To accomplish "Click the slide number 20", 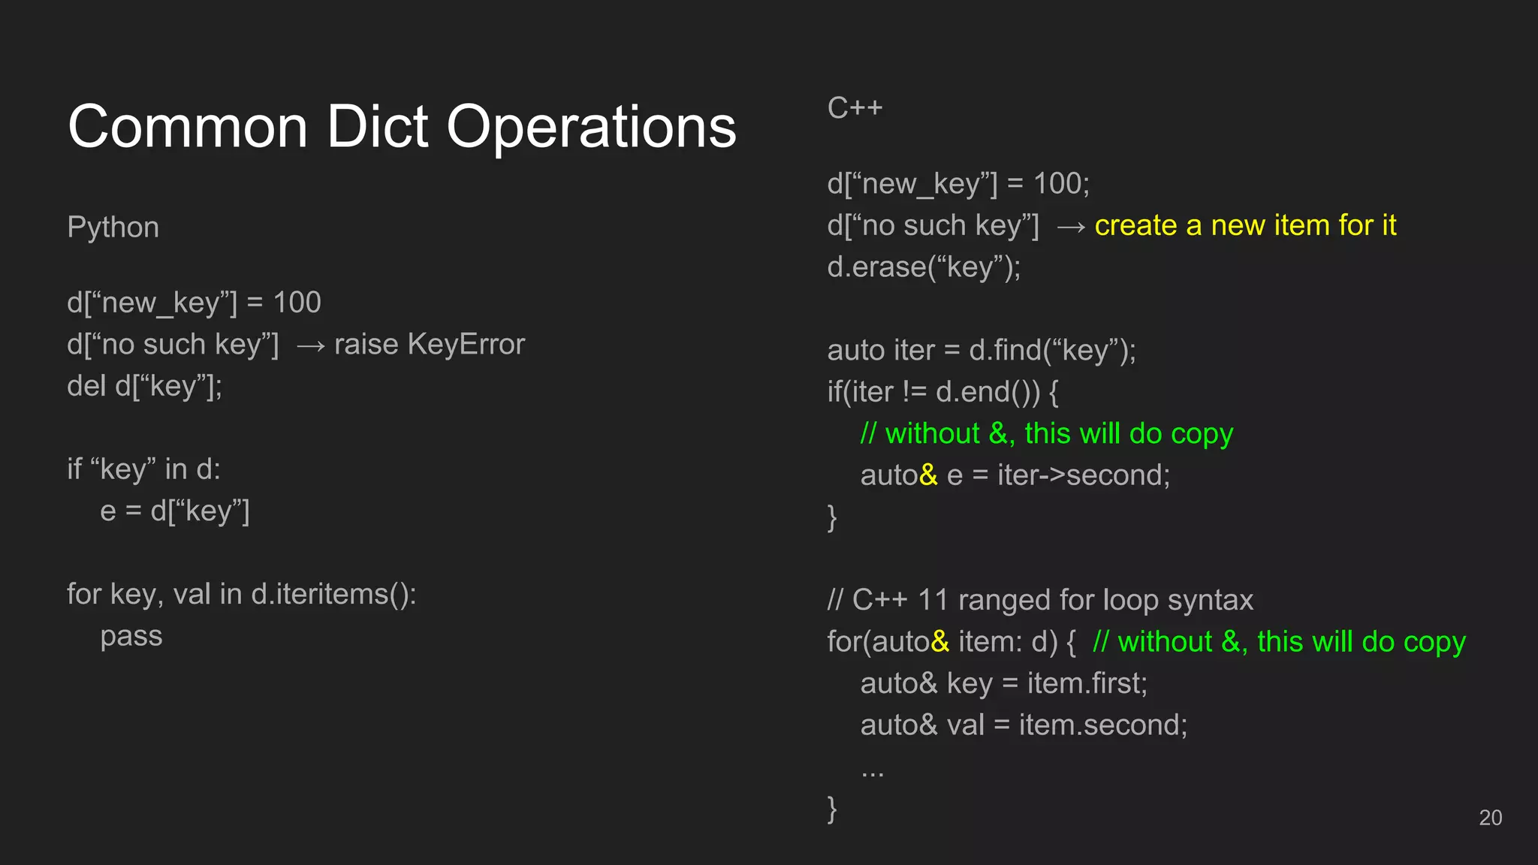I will point(1490,818).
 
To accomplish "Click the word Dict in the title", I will point(377,126).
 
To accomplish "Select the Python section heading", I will point(113,227).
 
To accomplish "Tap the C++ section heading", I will point(855,108).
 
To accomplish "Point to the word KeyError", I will point(466,345).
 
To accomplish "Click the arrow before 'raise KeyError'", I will point(311,346).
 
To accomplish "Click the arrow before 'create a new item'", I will point(1071,227).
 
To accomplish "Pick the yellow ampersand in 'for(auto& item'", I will point(940,642).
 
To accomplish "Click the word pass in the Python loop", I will point(131,636).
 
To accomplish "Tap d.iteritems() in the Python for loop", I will point(333,595).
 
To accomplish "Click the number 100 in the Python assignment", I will point(297,303).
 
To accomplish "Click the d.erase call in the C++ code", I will point(924,267).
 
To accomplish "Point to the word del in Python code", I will point(86,386).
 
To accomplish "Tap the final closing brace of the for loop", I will point(832,809).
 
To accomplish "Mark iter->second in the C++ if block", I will point(1081,475).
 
